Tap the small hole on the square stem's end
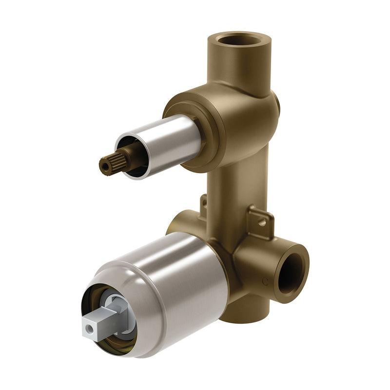(90, 330)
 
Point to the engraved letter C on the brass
(265, 281)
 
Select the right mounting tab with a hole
(259, 220)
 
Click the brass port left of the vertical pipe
(180, 222)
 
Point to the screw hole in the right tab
(262, 222)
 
